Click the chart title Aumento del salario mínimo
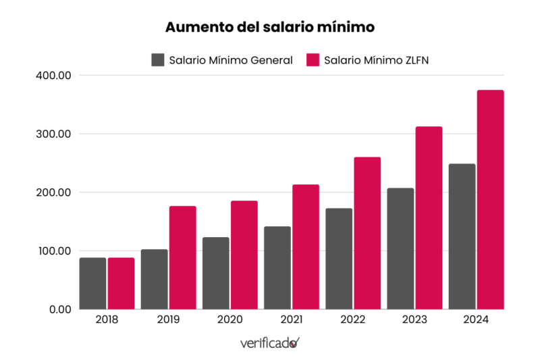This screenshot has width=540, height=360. click(x=270, y=28)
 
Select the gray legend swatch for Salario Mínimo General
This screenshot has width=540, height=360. click(x=158, y=59)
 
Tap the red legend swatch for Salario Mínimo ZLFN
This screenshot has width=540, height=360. click(x=313, y=59)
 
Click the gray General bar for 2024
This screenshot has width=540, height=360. click(x=462, y=236)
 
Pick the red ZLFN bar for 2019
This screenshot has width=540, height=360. click(x=182, y=257)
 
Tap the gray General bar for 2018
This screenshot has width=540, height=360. click(x=92, y=283)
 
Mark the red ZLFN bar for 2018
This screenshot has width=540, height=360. click(x=121, y=283)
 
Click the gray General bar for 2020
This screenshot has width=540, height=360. click(x=215, y=273)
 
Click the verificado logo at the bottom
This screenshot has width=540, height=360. click(x=269, y=343)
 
